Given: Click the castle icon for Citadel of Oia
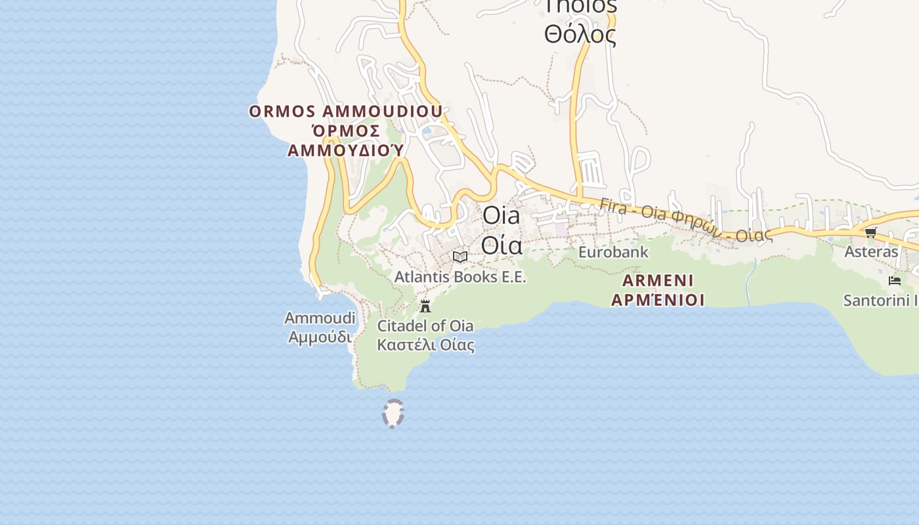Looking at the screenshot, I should (425, 306).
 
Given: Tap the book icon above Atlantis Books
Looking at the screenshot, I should (460, 257).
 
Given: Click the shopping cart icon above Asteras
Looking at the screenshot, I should (870, 232).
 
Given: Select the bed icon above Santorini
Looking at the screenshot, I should (894, 281).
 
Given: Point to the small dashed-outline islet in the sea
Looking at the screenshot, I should (393, 414).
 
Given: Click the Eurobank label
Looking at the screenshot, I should (613, 252).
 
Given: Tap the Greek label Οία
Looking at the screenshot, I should (502, 245).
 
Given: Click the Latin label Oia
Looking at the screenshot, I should (502, 215).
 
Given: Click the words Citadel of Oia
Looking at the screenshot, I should (425, 325).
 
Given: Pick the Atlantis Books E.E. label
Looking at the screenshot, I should (460, 277).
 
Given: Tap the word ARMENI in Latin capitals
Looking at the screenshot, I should (658, 281).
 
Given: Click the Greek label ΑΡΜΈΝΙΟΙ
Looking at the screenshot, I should (658, 300).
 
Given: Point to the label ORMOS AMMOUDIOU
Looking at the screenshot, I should (345, 112).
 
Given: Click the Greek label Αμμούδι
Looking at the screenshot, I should (320, 337).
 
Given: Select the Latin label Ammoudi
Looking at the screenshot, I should (320, 318).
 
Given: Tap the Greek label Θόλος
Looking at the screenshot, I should (580, 34).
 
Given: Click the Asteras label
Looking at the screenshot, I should (870, 251).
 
